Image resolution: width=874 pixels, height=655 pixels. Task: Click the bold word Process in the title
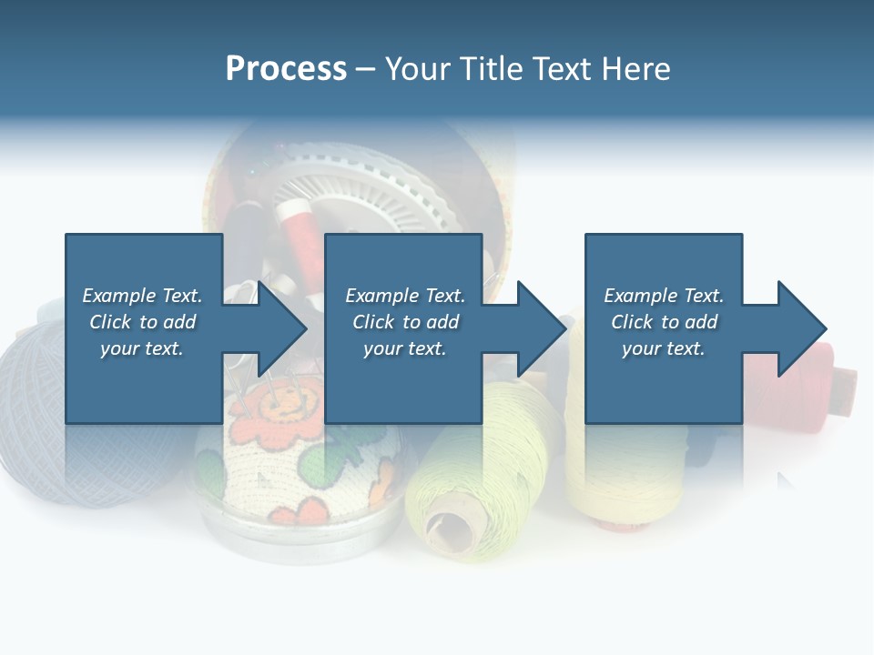tap(286, 69)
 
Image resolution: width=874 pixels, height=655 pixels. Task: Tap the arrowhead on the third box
tap(800, 328)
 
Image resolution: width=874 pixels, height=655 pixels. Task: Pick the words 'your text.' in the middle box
tap(404, 348)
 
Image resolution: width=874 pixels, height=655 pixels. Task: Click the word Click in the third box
tap(632, 322)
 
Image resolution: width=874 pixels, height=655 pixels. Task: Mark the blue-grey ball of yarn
tap(36, 409)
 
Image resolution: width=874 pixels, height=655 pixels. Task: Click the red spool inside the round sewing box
tap(296, 232)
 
